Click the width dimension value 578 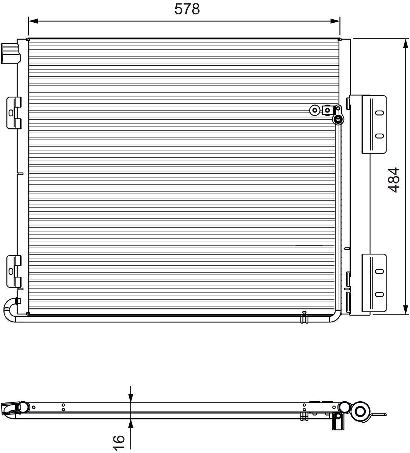(187, 9)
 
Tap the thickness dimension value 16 (119, 442)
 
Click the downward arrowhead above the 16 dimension (131, 398)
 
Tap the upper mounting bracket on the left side (14, 113)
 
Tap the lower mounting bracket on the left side (14, 271)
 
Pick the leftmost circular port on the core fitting (314, 110)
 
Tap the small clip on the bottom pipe (304, 317)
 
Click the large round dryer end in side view (360, 411)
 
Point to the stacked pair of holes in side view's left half (63, 407)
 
